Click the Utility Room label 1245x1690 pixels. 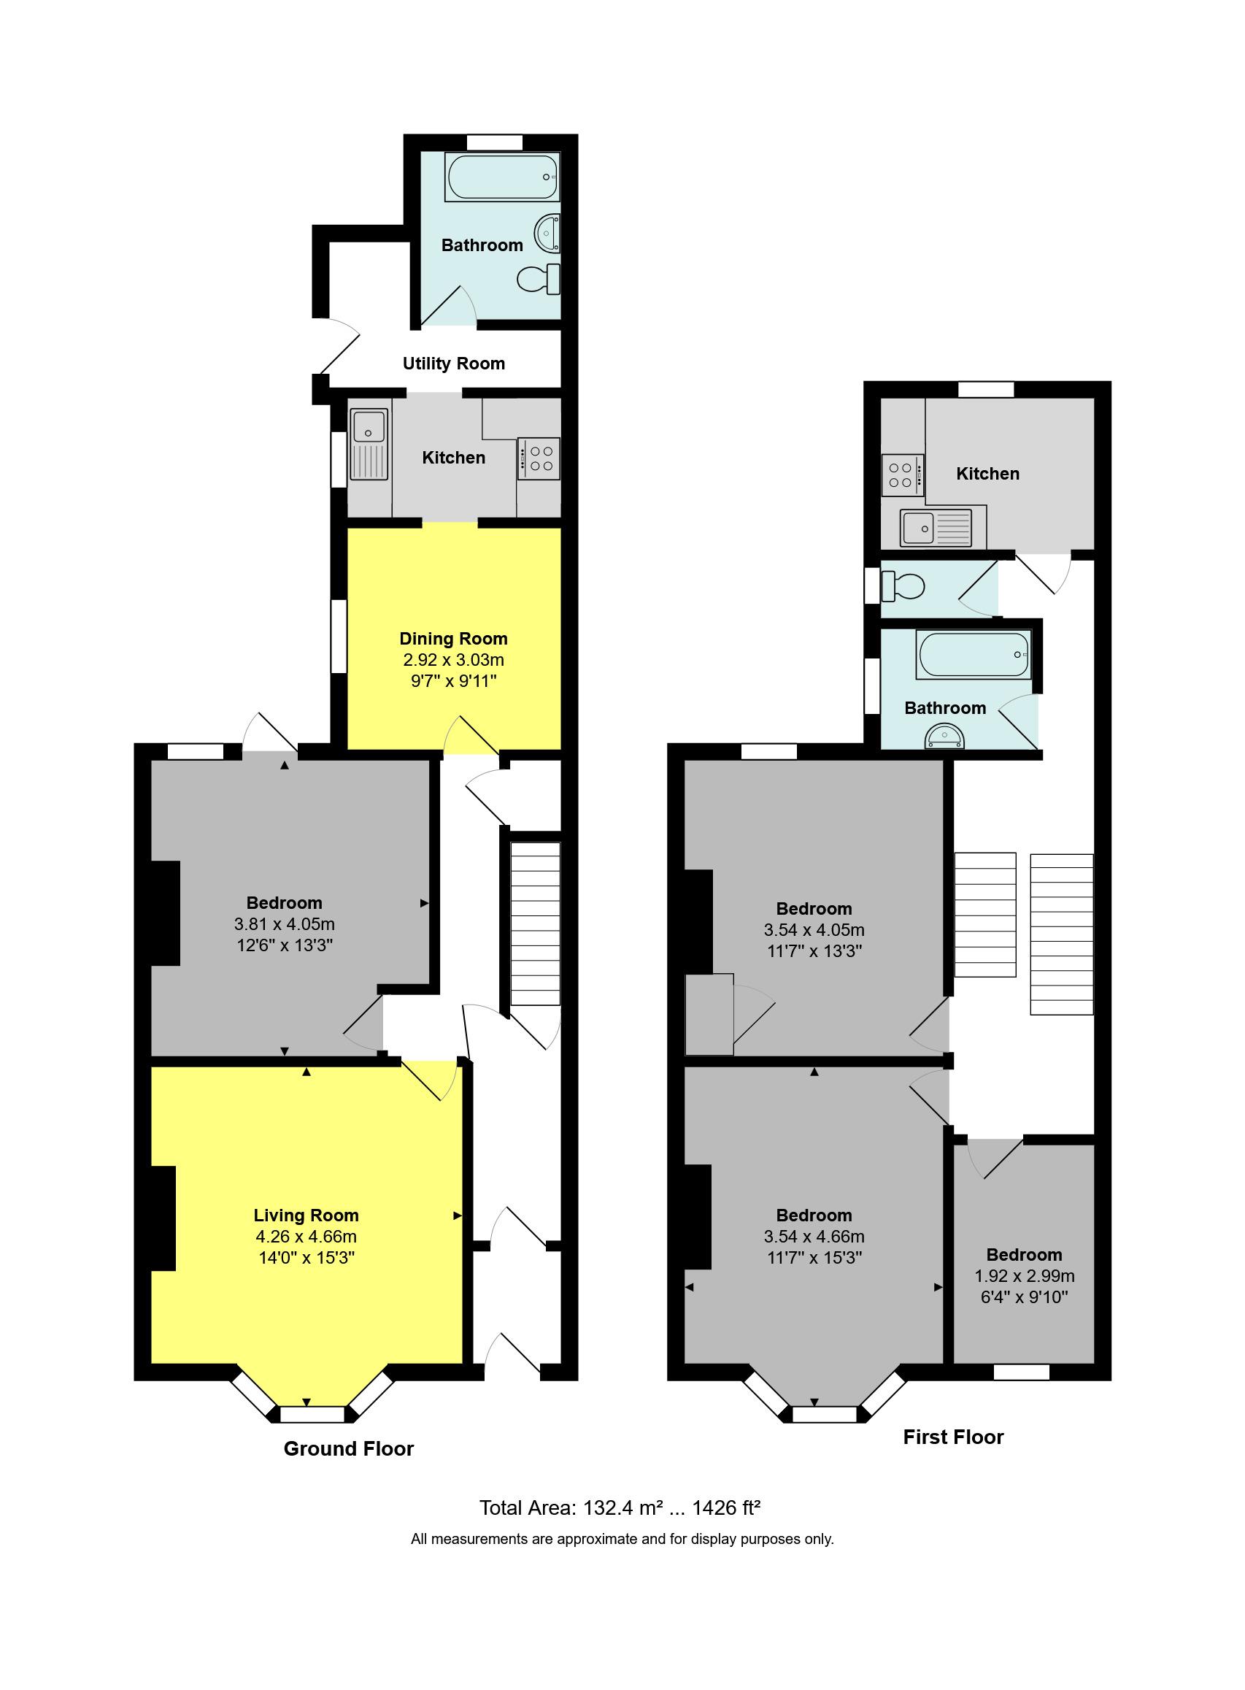pyautogui.click(x=454, y=364)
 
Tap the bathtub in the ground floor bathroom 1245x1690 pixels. pyautogui.click(x=503, y=177)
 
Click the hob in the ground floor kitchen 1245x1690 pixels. pyautogui.click(x=539, y=458)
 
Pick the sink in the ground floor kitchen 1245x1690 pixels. pyautogui.click(x=369, y=445)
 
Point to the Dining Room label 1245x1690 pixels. pyautogui.click(x=454, y=639)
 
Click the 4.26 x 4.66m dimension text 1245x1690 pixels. pyautogui.click(x=306, y=1236)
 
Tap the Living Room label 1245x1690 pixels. pyautogui.click(x=306, y=1215)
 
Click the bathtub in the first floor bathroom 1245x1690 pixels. pyautogui.click(x=974, y=655)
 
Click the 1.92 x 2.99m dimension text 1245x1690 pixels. pyautogui.click(x=1024, y=1276)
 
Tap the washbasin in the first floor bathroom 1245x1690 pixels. pyautogui.click(x=945, y=736)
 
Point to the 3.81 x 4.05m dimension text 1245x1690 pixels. pyautogui.click(x=285, y=924)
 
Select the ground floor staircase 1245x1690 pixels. pyautogui.click(x=536, y=923)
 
